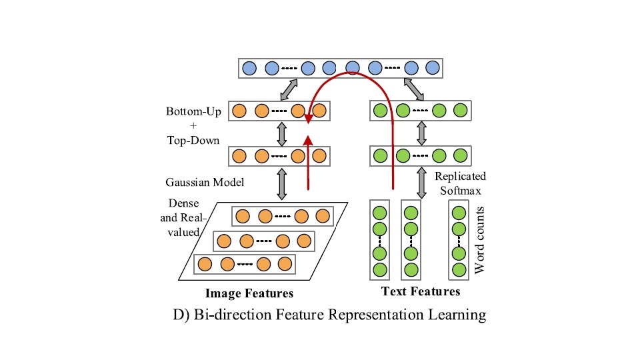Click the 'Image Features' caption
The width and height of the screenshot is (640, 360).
249,293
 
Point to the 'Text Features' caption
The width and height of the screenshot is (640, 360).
421,291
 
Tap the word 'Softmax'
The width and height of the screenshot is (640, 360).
460,189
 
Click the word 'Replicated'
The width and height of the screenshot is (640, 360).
460,177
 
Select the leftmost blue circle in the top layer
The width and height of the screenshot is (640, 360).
250,68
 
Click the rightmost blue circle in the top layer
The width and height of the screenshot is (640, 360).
433,68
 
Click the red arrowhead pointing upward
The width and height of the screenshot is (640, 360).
309,141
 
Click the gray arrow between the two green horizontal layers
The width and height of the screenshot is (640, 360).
421,133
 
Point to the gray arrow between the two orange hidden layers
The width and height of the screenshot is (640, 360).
281,133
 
